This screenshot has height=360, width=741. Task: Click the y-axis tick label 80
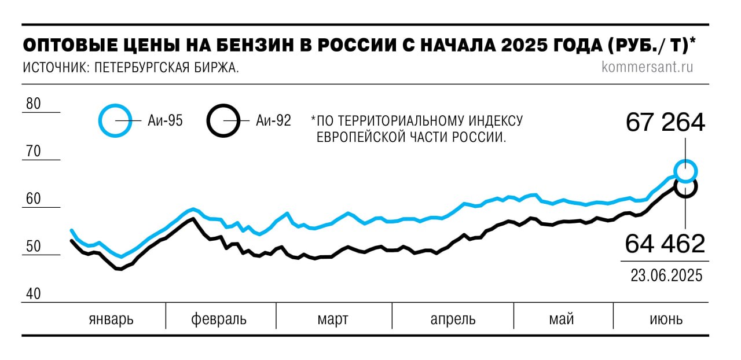[34, 105]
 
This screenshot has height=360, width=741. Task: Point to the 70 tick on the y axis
[34, 152]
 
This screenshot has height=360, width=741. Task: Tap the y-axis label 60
[34, 200]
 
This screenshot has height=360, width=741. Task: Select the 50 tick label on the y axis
[34, 247]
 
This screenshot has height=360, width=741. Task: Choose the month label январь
[111, 319]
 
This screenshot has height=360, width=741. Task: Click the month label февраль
[219, 319]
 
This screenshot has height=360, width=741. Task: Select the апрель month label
[453, 319]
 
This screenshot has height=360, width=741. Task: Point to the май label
[562, 319]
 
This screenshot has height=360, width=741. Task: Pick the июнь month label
[665, 319]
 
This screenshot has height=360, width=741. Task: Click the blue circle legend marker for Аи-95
[116, 120]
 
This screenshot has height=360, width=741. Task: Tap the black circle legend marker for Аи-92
[223, 120]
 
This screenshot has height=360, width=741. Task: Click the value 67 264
[665, 123]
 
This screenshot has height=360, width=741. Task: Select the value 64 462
[665, 244]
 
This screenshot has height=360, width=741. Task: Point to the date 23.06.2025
[666, 275]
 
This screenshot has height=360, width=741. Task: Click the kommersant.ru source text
[647, 67]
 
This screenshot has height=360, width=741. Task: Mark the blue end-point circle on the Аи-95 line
[685, 171]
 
